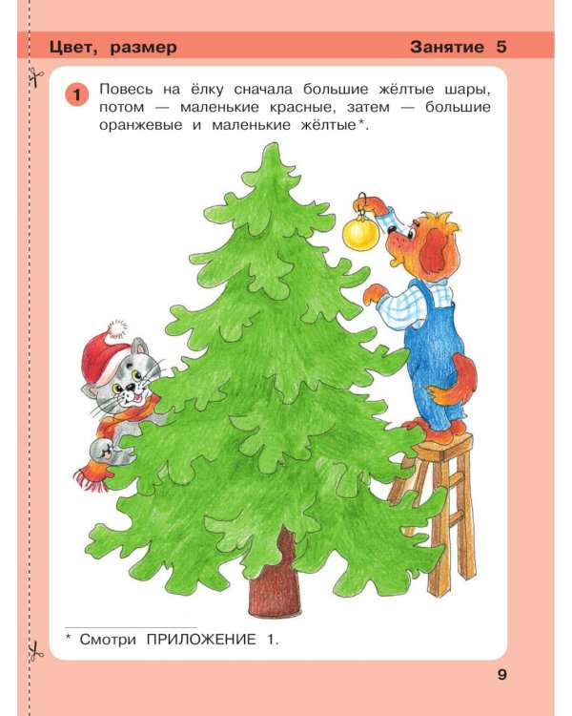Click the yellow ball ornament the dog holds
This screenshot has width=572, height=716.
(361, 232)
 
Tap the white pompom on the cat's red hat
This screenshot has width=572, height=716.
(116, 329)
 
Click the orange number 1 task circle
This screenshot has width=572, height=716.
(77, 94)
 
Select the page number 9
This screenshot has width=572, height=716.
(502, 675)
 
